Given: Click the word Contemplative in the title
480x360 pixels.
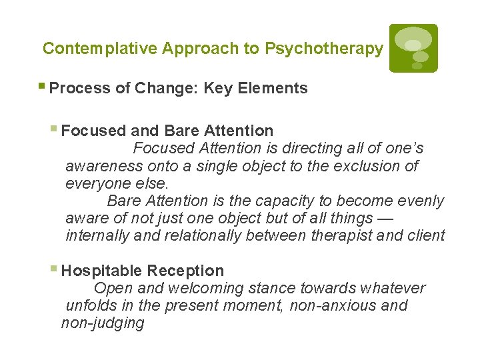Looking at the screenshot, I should (x=100, y=49).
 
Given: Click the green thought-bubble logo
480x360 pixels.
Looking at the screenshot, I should (x=413, y=48).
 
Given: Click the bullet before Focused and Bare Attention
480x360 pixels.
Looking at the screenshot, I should (x=55, y=130).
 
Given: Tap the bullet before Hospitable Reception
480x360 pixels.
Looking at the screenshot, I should (x=55, y=270).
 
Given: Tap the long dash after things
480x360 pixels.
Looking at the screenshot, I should (x=384, y=218).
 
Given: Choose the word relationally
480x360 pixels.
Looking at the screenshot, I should (x=203, y=235).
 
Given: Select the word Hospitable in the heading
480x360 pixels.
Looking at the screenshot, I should (x=101, y=271).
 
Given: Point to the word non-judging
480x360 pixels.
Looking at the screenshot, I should (x=103, y=323).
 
